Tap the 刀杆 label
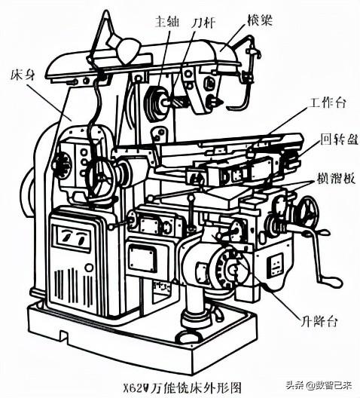(205, 23)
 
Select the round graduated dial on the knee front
(229, 267)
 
